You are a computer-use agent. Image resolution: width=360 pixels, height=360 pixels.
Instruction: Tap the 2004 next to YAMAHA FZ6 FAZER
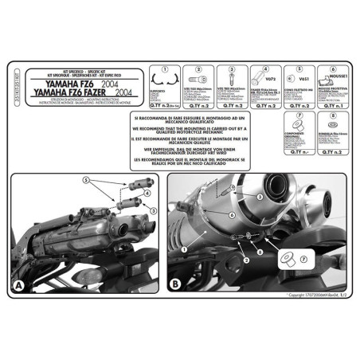(x=144, y=93)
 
